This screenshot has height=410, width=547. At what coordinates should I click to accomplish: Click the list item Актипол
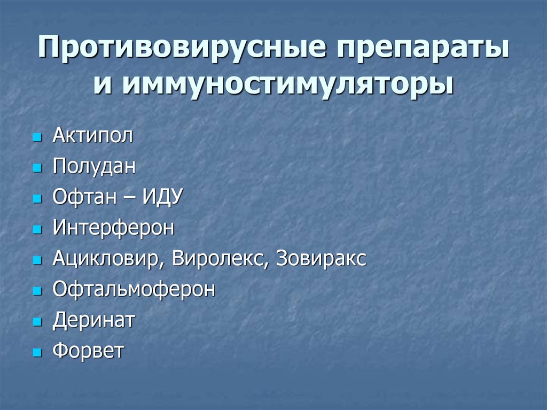[x=92, y=136]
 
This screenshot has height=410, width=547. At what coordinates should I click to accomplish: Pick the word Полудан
[x=94, y=167]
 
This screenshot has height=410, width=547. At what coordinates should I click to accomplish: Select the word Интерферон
[x=113, y=228]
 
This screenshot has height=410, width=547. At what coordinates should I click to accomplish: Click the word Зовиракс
[x=322, y=259]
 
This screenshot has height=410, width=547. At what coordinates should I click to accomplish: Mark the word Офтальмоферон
[x=134, y=290]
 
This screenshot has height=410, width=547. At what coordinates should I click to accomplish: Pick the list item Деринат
[x=94, y=321]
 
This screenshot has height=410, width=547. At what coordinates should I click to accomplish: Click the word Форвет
[x=88, y=352]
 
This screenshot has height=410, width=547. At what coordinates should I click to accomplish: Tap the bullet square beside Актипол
[x=36, y=138]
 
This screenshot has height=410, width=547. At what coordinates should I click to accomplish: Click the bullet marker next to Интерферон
[x=36, y=230]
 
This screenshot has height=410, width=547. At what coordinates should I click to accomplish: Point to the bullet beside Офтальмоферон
[x=36, y=292]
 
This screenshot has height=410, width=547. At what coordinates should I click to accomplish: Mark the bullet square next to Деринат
[x=36, y=323]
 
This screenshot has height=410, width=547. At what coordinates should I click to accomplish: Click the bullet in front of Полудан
[x=36, y=169]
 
